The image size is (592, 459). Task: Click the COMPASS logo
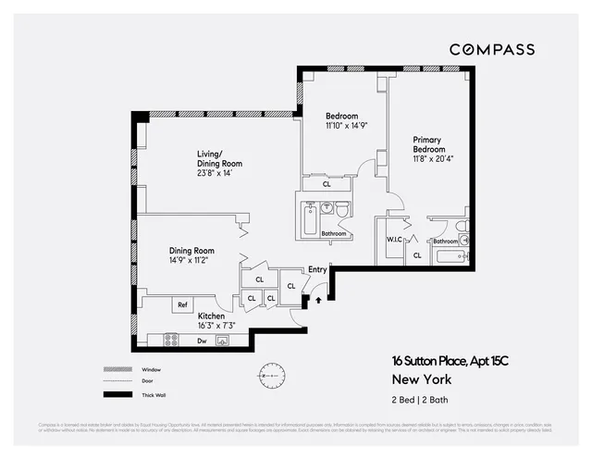(x=491, y=49)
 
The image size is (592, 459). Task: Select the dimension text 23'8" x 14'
(x=214, y=173)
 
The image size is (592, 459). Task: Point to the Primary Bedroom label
(x=428, y=144)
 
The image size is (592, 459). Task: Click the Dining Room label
(x=191, y=250)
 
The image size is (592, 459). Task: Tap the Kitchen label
(x=211, y=316)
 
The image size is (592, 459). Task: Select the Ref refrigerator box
(x=183, y=304)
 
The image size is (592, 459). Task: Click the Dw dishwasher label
(x=202, y=341)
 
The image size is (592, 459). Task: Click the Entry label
(x=317, y=270)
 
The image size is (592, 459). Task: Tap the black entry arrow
(x=319, y=299)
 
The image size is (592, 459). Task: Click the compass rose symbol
(x=273, y=375)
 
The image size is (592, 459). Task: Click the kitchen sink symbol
(x=222, y=341)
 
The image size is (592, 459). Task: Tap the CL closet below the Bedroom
(x=327, y=184)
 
